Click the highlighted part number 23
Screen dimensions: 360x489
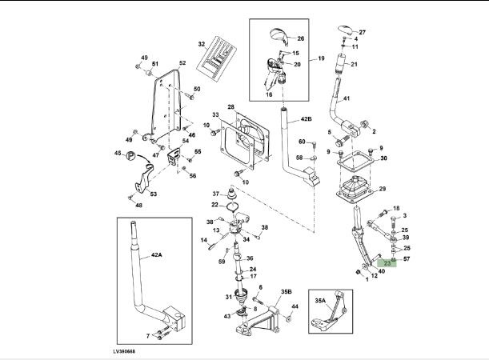(387, 262)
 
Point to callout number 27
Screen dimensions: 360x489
(362, 32)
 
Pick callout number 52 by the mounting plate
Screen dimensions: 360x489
(182, 63)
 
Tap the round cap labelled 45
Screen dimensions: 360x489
(129, 155)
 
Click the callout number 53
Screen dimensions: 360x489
(154, 194)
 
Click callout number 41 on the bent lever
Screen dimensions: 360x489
(347, 99)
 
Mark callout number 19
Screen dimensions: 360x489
(320, 58)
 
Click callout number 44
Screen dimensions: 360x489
(295, 307)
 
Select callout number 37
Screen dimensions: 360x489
(215, 194)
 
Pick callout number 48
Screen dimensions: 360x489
(138, 206)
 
